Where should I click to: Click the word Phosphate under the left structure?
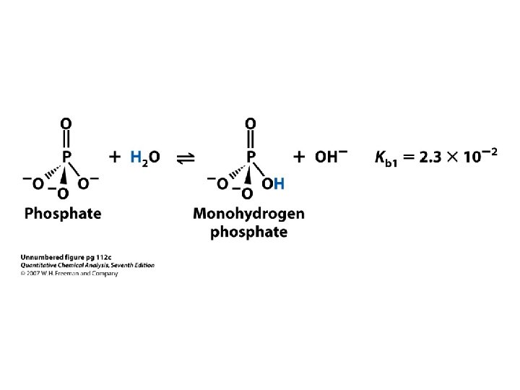tap(63, 214)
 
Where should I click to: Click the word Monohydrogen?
tap(248, 214)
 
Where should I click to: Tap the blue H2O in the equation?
tap(145, 157)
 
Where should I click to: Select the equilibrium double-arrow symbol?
tap(186, 157)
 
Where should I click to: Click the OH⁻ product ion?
tap(331, 156)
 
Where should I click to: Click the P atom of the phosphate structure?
tap(66, 156)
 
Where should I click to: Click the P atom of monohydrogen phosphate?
tap(251, 156)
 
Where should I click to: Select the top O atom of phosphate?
tap(66, 123)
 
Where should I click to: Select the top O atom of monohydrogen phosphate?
tap(250, 123)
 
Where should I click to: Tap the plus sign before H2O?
tap(116, 157)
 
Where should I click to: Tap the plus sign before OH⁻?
tap(300, 157)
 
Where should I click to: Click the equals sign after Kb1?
tap(412, 157)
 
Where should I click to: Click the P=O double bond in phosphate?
tap(66, 139)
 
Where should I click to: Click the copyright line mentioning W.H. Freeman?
tap(69, 274)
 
